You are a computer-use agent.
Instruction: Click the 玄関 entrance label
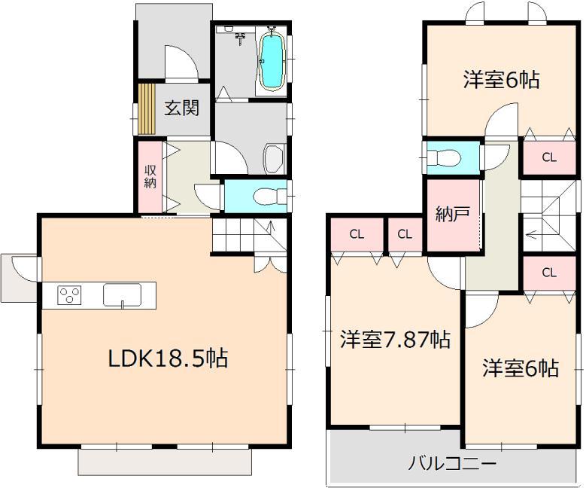(181, 108)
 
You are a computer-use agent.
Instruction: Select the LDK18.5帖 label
(168, 358)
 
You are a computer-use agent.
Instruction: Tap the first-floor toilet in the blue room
(268, 196)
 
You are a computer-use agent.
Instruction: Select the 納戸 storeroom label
(453, 214)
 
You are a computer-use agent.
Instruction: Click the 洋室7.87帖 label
(394, 340)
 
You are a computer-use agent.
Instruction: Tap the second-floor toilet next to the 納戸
(445, 158)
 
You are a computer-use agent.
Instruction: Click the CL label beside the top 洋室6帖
(549, 157)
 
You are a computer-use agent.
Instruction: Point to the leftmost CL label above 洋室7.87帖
(356, 233)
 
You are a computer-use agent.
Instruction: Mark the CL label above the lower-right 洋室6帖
(549, 273)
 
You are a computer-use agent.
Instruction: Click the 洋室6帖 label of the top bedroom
(501, 79)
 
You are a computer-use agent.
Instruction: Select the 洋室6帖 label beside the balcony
(521, 369)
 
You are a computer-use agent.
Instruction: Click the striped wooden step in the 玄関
(144, 109)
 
